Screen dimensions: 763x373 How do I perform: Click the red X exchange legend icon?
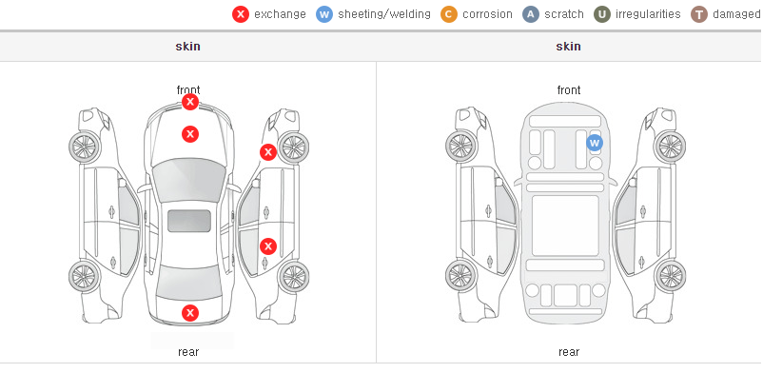[x=241, y=14]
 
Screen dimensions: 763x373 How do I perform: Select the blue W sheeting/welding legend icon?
[x=324, y=14]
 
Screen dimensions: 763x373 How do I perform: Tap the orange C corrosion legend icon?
[x=449, y=14]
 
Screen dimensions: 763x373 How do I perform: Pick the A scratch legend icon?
[x=531, y=14]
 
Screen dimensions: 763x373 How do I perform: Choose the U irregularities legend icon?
[x=602, y=14]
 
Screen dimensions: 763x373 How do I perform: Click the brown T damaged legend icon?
[x=698, y=14]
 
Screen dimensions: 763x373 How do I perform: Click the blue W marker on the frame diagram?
[x=595, y=143]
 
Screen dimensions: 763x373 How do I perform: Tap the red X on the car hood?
[x=190, y=134]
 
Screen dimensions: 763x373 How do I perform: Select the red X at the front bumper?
[x=190, y=102]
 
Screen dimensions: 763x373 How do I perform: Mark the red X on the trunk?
[x=190, y=313]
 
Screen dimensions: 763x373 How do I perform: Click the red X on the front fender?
[x=267, y=152]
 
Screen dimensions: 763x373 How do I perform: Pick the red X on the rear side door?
[x=267, y=246]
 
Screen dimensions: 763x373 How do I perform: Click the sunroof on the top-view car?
[x=189, y=221]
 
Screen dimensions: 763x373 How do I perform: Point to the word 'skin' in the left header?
[x=187, y=47]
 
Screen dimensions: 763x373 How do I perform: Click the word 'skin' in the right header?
[x=568, y=47]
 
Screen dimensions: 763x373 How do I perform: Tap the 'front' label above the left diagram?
[x=188, y=90]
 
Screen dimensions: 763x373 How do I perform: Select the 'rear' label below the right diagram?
[x=569, y=352]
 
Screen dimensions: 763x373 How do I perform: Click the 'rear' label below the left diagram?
[x=188, y=352]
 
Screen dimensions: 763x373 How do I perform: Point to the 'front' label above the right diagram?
[x=569, y=90]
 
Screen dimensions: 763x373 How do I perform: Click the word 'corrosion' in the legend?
[x=488, y=14]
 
